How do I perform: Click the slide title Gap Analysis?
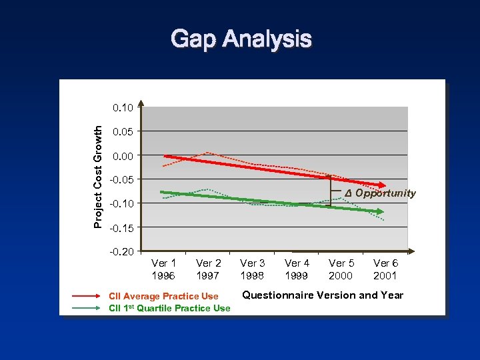click(x=241, y=39)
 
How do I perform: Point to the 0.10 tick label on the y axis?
click(x=124, y=107)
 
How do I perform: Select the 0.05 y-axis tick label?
click(x=124, y=131)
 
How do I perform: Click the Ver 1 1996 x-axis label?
click(x=164, y=269)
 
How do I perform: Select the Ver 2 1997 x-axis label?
click(x=209, y=269)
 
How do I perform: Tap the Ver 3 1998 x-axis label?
click(x=253, y=269)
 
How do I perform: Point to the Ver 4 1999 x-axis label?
click(x=297, y=269)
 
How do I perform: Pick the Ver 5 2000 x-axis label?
click(x=341, y=269)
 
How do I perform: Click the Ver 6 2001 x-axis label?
click(x=385, y=269)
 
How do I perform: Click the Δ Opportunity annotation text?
click(x=380, y=193)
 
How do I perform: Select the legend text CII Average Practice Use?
click(x=163, y=296)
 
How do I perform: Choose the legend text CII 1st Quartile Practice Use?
click(x=169, y=308)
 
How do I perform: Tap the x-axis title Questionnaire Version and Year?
click(x=323, y=295)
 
